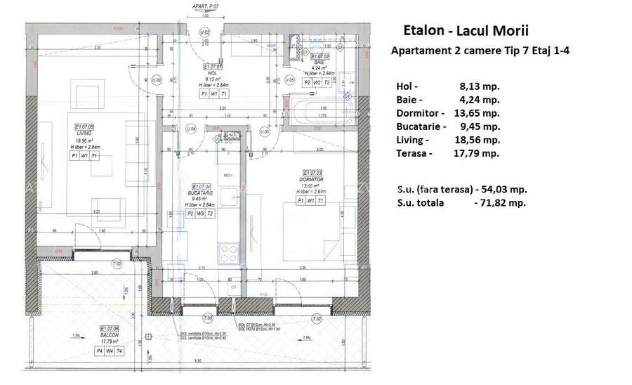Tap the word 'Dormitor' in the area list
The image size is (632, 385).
click(x=420, y=112)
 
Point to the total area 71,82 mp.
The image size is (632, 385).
click(x=499, y=202)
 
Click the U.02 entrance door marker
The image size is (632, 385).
click(x=205, y=32)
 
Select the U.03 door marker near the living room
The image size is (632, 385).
click(x=157, y=80)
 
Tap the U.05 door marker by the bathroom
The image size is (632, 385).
click(x=290, y=80)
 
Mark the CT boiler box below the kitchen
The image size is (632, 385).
click(x=233, y=287)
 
